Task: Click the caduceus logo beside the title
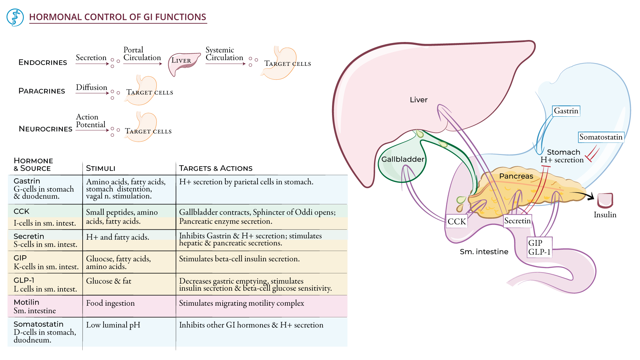[15, 18]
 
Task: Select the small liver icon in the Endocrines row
[183, 63]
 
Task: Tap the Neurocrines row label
[45, 129]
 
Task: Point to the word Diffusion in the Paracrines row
[91, 87]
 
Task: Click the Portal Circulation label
[142, 54]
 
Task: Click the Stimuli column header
[100, 168]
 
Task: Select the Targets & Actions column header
[216, 168]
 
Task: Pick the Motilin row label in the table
[27, 302]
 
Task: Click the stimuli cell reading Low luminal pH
[113, 325]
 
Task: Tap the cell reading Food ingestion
[110, 303]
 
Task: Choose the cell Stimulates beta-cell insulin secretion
[239, 259]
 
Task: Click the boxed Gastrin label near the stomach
[566, 111]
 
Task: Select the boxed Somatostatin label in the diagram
[601, 137]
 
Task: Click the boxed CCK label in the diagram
[456, 221]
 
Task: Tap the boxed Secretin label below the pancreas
[517, 221]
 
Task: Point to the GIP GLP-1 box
[539, 247]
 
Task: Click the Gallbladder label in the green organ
[403, 159]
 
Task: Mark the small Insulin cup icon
[605, 200]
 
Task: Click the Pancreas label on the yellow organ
[516, 176]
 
